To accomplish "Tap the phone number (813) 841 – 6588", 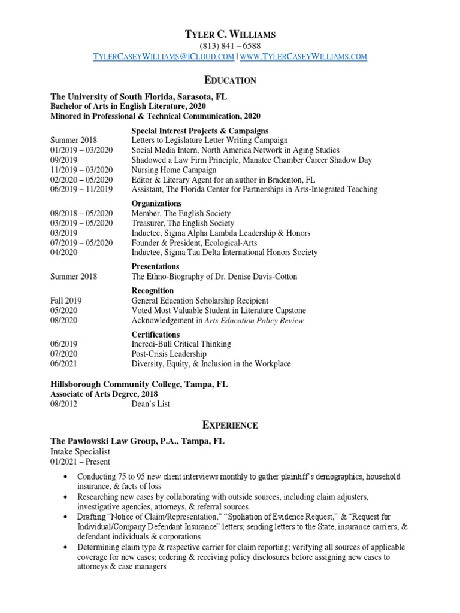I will pos(230,45).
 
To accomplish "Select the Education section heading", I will pos(230,80).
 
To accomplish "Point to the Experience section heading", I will pos(230,425).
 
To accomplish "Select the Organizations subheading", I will pos(157,204).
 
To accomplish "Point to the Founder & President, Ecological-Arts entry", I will pos(195,242).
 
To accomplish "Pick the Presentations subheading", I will pos(155,266).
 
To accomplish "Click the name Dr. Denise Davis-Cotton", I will pos(254,277).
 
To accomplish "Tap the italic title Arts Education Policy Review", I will pos(254,320).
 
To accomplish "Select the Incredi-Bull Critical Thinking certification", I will pos(181,344).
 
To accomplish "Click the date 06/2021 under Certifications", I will pos(63,363).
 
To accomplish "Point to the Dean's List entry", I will pos(150,404).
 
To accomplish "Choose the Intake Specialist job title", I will pos(80,451).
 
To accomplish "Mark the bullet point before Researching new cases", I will pos(65,497).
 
